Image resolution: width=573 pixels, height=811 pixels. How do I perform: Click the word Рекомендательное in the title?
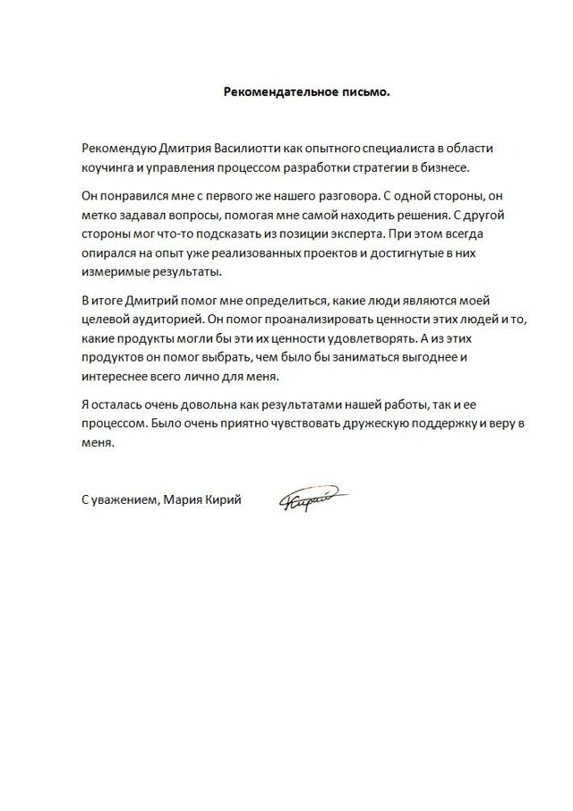tap(265, 91)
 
